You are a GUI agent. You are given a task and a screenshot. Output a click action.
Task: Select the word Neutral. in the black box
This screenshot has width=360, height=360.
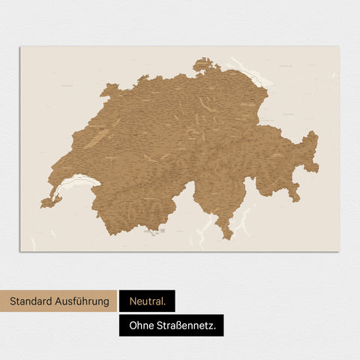coord(147,301)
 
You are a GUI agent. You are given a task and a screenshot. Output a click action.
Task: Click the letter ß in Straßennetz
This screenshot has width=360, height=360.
coord(184,325)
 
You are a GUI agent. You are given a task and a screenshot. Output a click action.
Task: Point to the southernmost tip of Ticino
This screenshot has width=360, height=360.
coord(226,238)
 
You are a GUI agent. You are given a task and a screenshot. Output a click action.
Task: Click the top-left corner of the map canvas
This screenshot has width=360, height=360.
coord(20,47)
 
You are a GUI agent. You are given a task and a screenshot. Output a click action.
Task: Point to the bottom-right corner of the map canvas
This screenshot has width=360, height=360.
coord(338,250)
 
